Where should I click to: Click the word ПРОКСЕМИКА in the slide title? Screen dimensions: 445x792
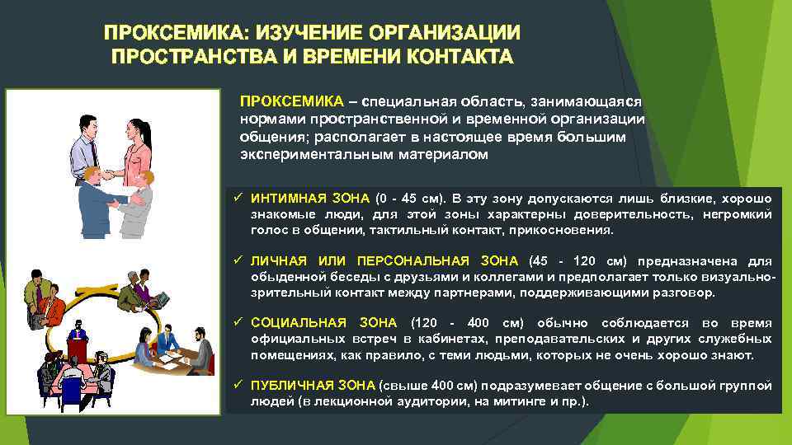click(166, 33)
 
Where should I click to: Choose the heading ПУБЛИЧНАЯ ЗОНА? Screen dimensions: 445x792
click(312, 386)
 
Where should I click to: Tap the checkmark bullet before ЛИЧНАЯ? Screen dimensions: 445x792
click(237, 261)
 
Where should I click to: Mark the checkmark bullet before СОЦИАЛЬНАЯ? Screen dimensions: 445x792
click(237, 323)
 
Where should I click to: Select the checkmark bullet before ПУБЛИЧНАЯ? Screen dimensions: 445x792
click(237, 386)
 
